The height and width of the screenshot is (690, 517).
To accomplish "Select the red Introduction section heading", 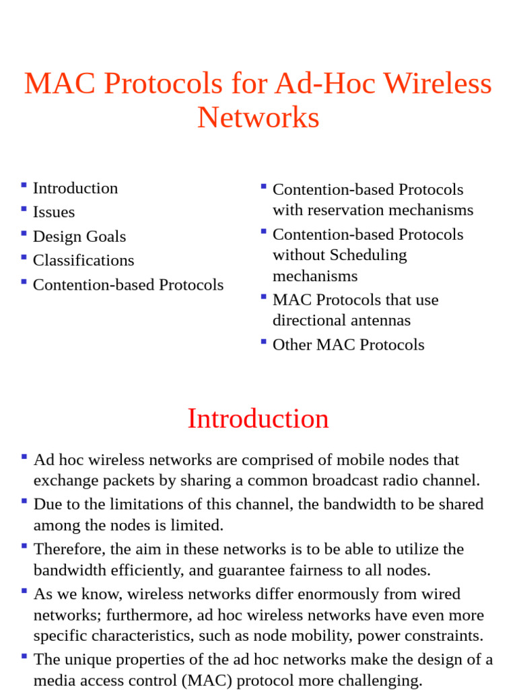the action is tap(258, 418).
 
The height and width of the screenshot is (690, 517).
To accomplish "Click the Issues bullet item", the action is tap(54, 212).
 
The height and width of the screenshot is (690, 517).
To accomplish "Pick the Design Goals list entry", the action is tap(79, 237).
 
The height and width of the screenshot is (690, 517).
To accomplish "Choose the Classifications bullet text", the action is tap(83, 260).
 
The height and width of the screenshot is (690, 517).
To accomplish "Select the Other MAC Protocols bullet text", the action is tap(348, 345).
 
